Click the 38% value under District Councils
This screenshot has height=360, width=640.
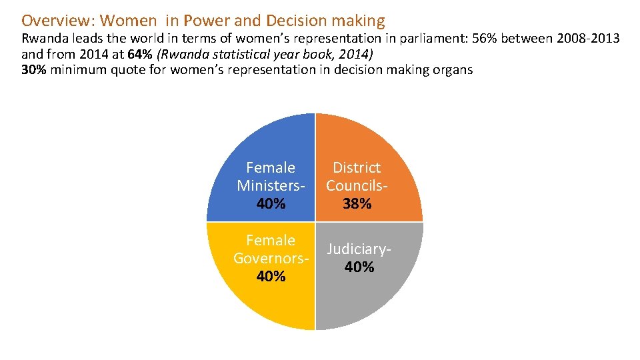pyautogui.click(x=357, y=204)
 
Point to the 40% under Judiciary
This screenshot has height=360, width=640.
pyautogui.click(x=359, y=267)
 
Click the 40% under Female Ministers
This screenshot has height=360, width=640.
pyautogui.click(x=271, y=204)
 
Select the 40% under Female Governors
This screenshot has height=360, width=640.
pyautogui.click(x=271, y=276)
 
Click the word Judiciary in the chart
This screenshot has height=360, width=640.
pyautogui.click(x=357, y=249)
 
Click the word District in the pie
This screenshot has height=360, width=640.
pyautogui.click(x=357, y=167)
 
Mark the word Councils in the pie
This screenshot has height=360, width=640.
pyautogui.click(x=355, y=185)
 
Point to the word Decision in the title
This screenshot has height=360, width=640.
pyautogui.click(x=294, y=21)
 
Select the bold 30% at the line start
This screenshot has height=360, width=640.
pyautogui.click(x=34, y=70)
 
